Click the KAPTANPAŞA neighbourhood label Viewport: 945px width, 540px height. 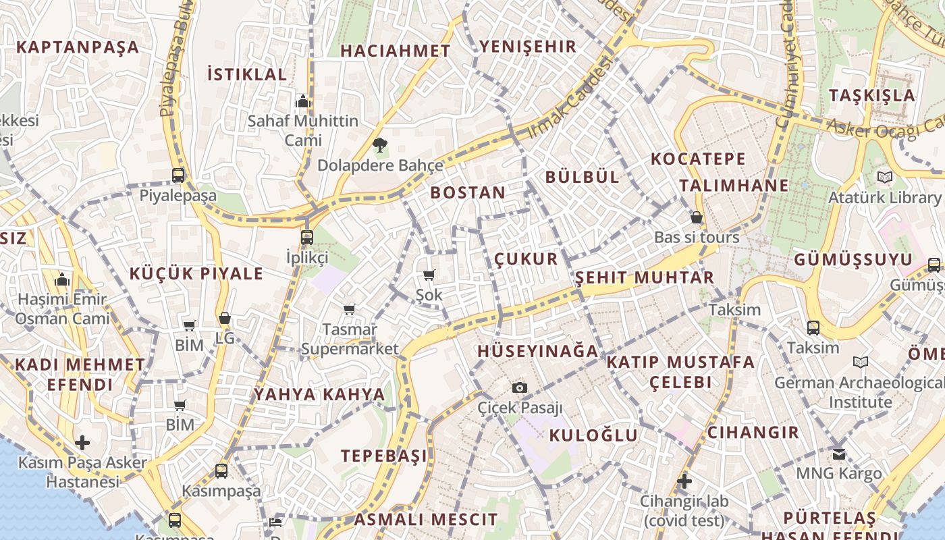pyautogui.click(x=78, y=47)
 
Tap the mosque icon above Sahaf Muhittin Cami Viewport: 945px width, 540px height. pyautogui.click(x=303, y=102)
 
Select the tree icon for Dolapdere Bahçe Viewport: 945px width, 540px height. pyautogui.click(x=380, y=144)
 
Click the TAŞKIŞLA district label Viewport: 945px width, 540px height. pyautogui.click(x=872, y=95)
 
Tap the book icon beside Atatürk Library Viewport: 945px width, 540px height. pyautogui.click(x=884, y=178)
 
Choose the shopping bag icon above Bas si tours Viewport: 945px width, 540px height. pyautogui.click(x=697, y=217)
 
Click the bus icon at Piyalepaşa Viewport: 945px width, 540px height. pyautogui.click(x=178, y=175)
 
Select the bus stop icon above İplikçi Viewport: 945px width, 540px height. pyautogui.click(x=307, y=238)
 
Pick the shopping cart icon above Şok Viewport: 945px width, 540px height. pyautogui.click(x=429, y=275)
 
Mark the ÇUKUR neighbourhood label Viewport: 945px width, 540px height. pyautogui.click(x=526, y=259)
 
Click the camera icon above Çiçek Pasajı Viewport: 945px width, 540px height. pyautogui.click(x=519, y=387)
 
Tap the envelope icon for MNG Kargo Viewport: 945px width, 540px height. pyautogui.click(x=839, y=454)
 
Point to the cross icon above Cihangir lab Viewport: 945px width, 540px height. pyautogui.click(x=684, y=481)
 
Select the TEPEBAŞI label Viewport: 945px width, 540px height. pyautogui.click(x=384, y=456)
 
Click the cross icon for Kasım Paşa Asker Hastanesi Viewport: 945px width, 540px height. pyautogui.click(x=82, y=443)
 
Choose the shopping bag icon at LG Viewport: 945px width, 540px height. pyautogui.click(x=225, y=318)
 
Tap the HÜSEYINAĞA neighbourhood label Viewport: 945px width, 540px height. pyautogui.click(x=538, y=351)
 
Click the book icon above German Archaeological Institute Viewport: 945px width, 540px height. pyautogui.click(x=861, y=362)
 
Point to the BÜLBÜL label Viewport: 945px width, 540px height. pyautogui.click(x=582, y=177)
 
